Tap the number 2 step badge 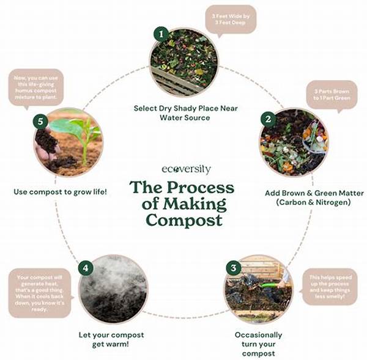click(x=267, y=118)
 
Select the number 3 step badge click(x=232, y=267)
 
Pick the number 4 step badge click(x=86, y=267)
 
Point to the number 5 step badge click(x=40, y=121)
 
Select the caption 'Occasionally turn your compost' click(x=258, y=343)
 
